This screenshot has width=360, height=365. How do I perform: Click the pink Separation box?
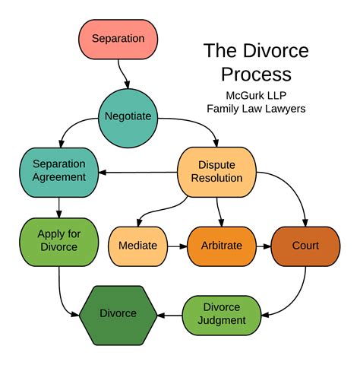point(118,38)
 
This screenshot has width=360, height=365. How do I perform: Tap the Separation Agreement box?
point(58,171)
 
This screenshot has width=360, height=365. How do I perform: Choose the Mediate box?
point(137,246)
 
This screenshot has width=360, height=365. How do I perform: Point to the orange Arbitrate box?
point(222,246)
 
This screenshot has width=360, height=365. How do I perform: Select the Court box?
point(305,246)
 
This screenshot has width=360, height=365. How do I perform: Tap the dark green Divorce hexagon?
point(118,313)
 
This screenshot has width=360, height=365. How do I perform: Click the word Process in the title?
point(256,75)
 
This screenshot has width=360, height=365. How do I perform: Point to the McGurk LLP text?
point(256,95)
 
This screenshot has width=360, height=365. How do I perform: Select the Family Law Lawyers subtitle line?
point(256,109)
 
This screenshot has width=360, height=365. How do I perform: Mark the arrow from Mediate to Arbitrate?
point(176,246)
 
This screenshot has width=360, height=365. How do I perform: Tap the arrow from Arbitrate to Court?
point(262,246)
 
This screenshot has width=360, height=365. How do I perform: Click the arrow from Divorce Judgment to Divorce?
point(170,313)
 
